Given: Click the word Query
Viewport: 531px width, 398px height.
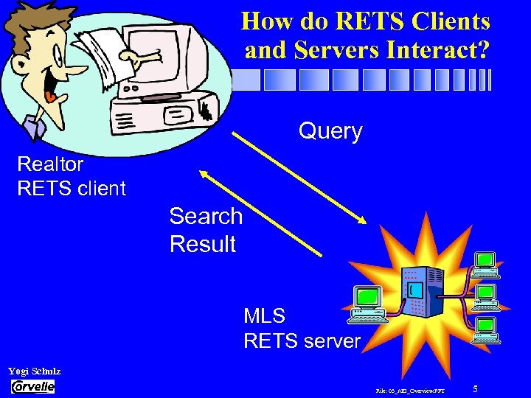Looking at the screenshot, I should (330, 131).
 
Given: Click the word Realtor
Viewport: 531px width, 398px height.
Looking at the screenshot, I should (50, 164).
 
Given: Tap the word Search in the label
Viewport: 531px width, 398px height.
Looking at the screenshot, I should (206, 216).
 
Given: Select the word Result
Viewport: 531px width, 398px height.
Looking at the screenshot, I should (203, 244).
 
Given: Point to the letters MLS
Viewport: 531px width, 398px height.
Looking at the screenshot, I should (264, 316).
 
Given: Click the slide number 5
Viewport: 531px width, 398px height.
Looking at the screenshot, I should (476, 388).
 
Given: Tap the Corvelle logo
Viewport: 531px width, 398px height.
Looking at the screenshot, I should (32, 387).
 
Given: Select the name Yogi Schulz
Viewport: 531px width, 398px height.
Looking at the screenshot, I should (34, 371).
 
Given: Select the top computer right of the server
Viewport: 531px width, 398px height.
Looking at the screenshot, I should (485, 265).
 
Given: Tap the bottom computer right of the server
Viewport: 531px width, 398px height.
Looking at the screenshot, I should (485, 329).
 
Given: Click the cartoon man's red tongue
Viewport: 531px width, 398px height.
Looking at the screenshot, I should (49, 95).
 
